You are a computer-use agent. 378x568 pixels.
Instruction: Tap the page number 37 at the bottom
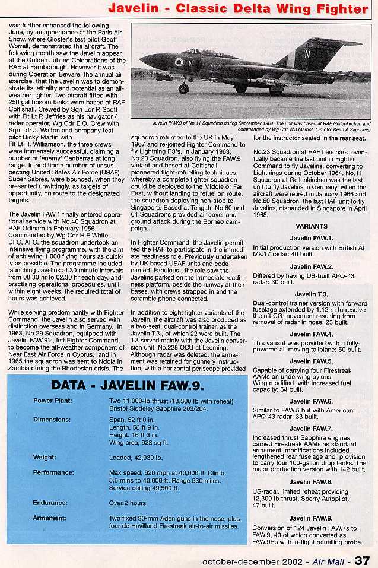coord(363,560)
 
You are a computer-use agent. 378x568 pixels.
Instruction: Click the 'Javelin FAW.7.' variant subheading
coord(310,428)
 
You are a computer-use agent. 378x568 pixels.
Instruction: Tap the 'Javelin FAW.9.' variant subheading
coord(310,518)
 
